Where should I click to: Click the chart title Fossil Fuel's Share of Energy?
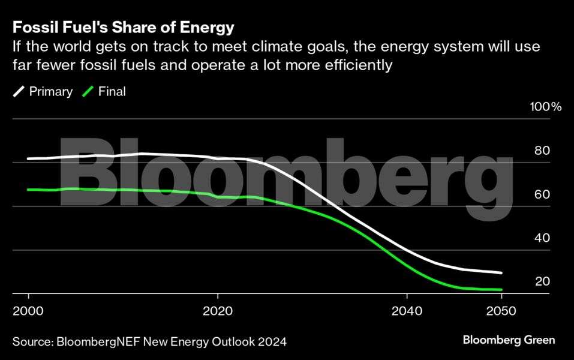pos(123,28)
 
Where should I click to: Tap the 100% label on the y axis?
pos(545,107)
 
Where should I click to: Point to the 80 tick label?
pos(542,151)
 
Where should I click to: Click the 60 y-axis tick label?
pos(542,194)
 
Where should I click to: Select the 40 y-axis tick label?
pos(542,238)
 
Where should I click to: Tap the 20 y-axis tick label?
pos(542,281)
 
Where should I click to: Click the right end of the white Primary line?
pos(501,273)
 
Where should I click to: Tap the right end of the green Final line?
pos(501,290)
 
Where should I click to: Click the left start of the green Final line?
pos(28,190)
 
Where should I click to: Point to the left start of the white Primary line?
pos(28,159)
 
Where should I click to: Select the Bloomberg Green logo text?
pos(509,340)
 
